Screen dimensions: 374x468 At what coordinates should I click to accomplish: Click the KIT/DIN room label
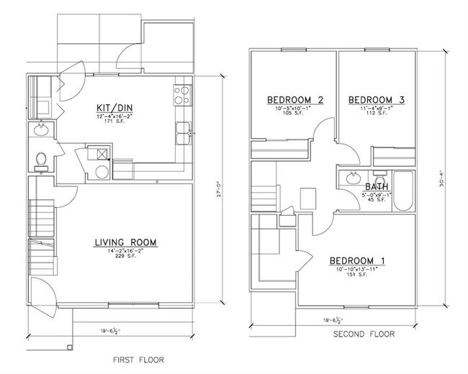click(116, 109)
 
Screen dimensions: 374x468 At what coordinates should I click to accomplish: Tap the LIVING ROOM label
click(126, 242)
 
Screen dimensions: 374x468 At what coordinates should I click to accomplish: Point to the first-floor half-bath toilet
click(42, 158)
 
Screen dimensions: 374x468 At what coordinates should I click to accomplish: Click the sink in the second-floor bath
click(353, 178)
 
